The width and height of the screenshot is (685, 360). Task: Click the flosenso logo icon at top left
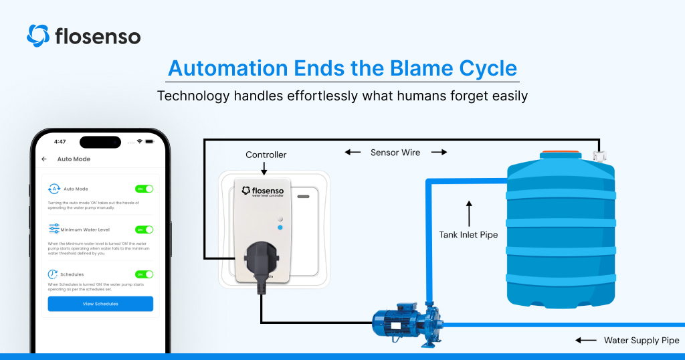38,35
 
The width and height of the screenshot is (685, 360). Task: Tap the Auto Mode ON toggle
144,189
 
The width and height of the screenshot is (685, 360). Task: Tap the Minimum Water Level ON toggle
144,230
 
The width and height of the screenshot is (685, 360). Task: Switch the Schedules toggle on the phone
144,274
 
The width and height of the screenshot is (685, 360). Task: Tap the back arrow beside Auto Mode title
44,159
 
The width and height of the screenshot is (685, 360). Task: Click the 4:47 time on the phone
60,142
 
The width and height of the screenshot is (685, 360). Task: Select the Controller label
266,155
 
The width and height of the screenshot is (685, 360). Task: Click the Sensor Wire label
395,153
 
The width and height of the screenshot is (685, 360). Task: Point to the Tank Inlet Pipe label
468,235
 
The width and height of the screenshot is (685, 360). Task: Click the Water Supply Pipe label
642,341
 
